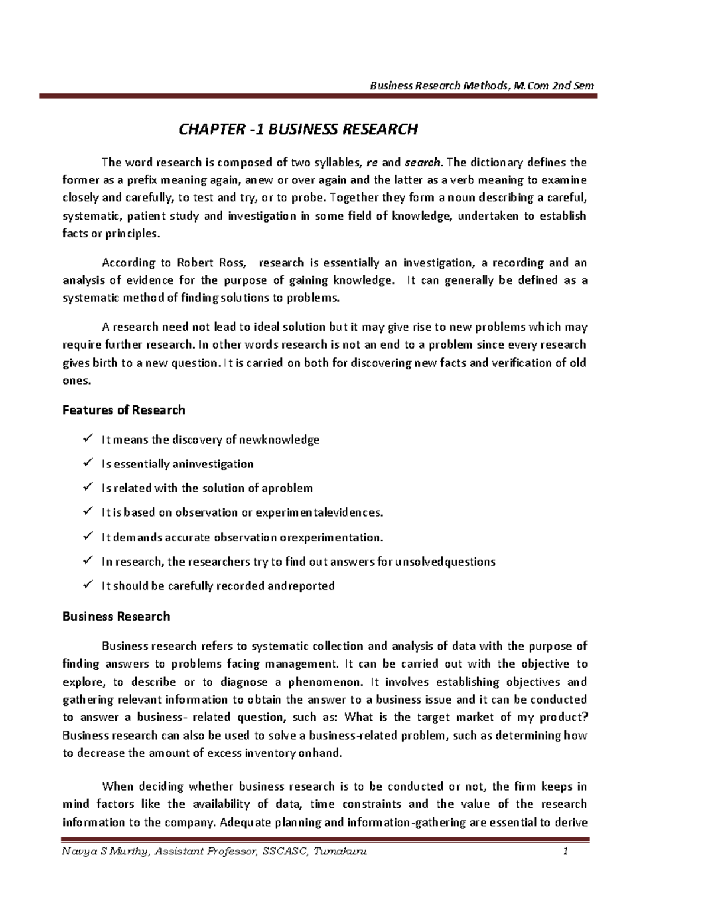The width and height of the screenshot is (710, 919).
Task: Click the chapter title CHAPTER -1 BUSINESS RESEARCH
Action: (x=298, y=129)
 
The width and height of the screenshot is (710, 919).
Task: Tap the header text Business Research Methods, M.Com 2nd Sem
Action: (x=482, y=86)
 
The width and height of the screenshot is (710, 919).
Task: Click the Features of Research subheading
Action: (x=124, y=410)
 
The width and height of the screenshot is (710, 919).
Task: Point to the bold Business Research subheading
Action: (x=116, y=617)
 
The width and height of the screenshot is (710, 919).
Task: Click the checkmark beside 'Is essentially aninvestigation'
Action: (x=88, y=463)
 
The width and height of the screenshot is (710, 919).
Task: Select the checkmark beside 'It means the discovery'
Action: (x=88, y=438)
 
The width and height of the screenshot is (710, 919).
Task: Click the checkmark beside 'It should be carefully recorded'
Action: (x=88, y=585)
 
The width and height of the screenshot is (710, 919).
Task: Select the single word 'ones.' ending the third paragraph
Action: (x=77, y=381)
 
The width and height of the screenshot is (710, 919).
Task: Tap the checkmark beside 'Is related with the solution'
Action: (x=88, y=487)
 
